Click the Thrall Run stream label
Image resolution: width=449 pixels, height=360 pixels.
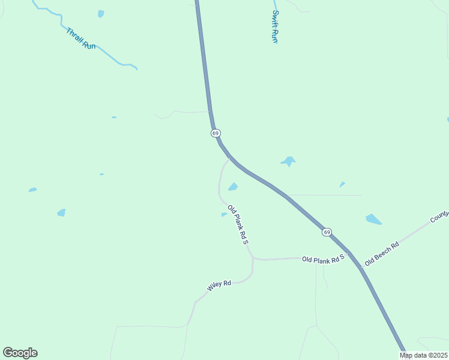[80, 38]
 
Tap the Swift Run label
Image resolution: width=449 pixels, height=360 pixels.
[275, 26]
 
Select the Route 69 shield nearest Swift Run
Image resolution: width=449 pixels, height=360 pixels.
[215, 133]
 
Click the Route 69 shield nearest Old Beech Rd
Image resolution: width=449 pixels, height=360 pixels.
[326, 232]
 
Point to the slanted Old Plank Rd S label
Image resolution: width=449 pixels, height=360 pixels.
[238, 224]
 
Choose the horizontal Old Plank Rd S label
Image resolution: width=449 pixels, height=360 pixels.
[323, 259]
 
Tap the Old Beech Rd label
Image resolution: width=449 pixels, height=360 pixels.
[382, 254]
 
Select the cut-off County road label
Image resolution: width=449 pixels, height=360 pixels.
[440, 216]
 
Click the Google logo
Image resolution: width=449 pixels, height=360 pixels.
[20, 353]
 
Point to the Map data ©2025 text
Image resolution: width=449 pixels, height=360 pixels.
[423, 355]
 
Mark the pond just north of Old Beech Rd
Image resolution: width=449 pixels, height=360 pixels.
[373, 219]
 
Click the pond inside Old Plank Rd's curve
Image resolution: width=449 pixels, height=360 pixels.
[233, 187]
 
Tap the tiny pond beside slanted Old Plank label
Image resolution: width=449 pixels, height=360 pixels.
[224, 214]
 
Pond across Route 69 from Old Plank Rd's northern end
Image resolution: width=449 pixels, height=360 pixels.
[288, 161]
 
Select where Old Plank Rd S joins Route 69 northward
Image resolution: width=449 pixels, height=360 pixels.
[230, 158]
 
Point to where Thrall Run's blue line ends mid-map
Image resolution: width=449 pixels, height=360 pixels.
[136, 68]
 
